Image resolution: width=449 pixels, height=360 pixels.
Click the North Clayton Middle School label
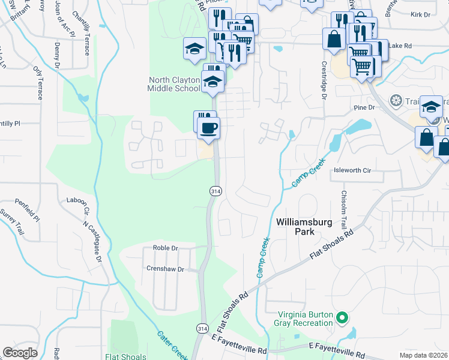tap(174, 84)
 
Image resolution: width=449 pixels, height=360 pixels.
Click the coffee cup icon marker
tap(208, 128)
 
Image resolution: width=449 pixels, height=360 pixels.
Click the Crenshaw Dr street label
tap(165, 269)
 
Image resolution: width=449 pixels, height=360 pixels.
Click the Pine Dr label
tap(364, 107)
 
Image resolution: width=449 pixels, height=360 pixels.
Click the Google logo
tap(20, 352)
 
